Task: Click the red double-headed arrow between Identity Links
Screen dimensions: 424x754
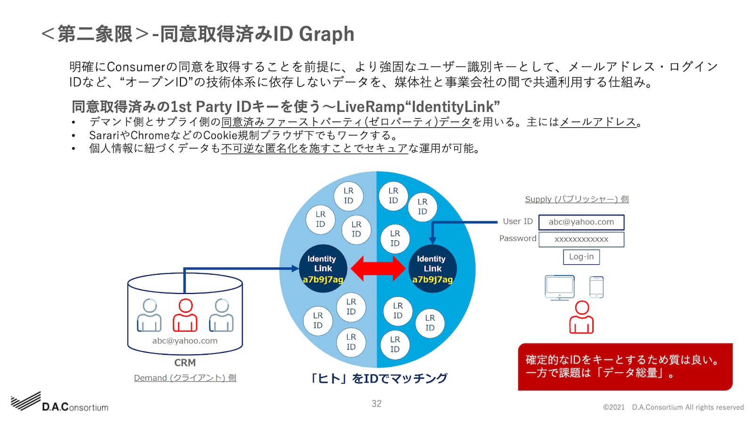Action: click(377, 269)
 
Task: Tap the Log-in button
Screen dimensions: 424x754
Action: click(581, 257)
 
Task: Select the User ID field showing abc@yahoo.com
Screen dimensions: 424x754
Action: click(581, 222)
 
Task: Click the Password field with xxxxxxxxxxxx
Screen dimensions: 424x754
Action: click(581, 239)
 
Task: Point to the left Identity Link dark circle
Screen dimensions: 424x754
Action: click(323, 269)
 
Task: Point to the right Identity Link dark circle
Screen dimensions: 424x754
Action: click(432, 269)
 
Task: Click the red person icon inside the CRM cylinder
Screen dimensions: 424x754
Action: click(185, 316)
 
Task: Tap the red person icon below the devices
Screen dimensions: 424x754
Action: click(582, 318)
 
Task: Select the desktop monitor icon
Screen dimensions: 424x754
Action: click(559, 287)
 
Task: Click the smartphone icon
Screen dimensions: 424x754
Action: click(597, 287)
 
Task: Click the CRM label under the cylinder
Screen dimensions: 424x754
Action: click(185, 363)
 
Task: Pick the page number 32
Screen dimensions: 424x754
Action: click(377, 404)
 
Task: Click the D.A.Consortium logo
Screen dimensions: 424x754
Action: click(60, 403)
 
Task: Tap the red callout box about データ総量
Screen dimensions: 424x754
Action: click(625, 367)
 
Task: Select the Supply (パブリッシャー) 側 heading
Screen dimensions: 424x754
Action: click(577, 199)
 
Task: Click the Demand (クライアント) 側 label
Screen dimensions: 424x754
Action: click(185, 378)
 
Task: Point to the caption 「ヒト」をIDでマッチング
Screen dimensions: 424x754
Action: click(378, 378)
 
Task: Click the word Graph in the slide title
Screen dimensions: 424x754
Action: click(327, 34)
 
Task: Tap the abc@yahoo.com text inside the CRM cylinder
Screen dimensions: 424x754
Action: click(185, 341)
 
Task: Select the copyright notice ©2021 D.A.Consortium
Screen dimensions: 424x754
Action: click(673, 408)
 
